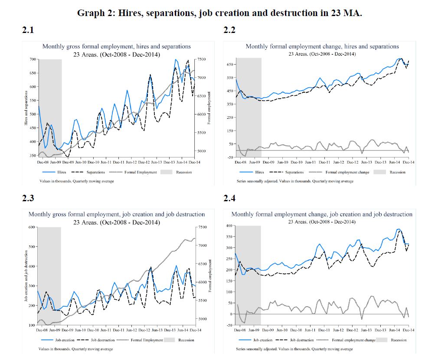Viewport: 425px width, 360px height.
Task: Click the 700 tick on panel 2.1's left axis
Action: [x=33, y=59]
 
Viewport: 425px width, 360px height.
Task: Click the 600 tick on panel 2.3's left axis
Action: [x=31, y=227]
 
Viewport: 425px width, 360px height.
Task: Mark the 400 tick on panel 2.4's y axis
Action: [x=229, y=226]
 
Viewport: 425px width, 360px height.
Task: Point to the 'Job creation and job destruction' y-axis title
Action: [x=26, y=276]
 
